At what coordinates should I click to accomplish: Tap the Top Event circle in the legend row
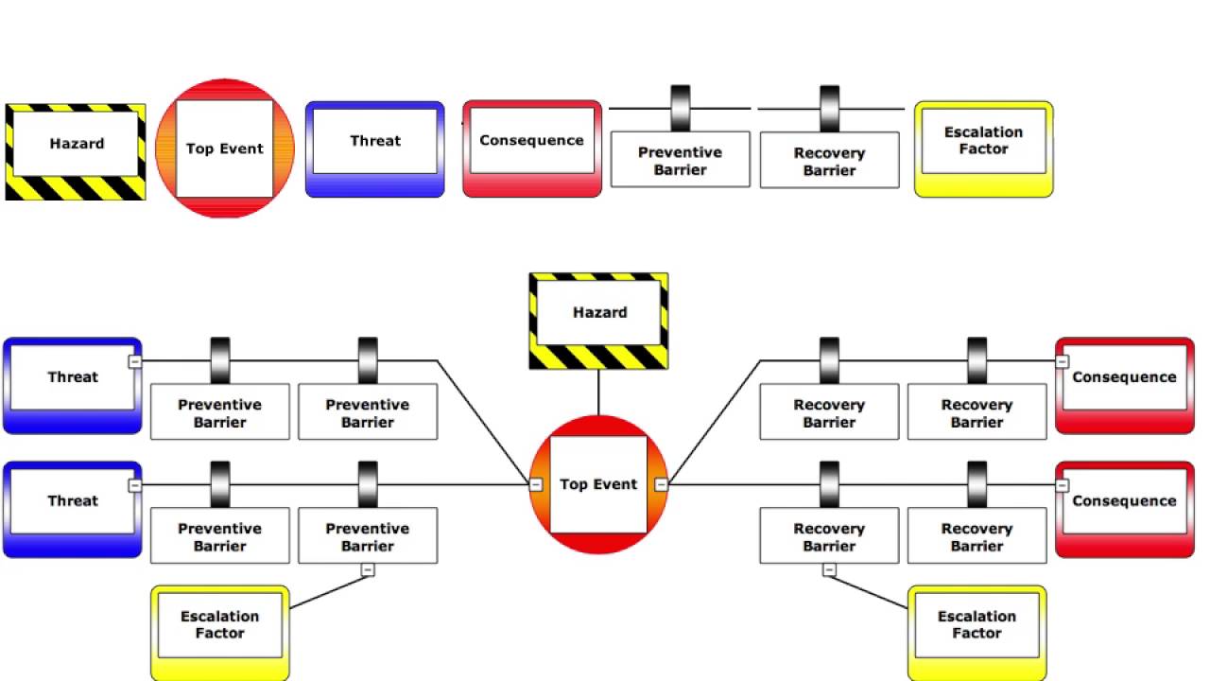225,148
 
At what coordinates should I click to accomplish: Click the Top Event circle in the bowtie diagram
598,484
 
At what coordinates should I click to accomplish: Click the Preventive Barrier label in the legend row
680,160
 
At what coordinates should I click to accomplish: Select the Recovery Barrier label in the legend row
829,161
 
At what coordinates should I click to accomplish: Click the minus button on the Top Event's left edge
536,484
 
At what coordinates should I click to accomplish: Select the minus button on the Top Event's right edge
661,484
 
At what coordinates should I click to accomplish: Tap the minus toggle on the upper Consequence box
1062,361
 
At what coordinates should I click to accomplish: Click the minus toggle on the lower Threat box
135,485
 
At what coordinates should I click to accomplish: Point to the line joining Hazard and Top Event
598,392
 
